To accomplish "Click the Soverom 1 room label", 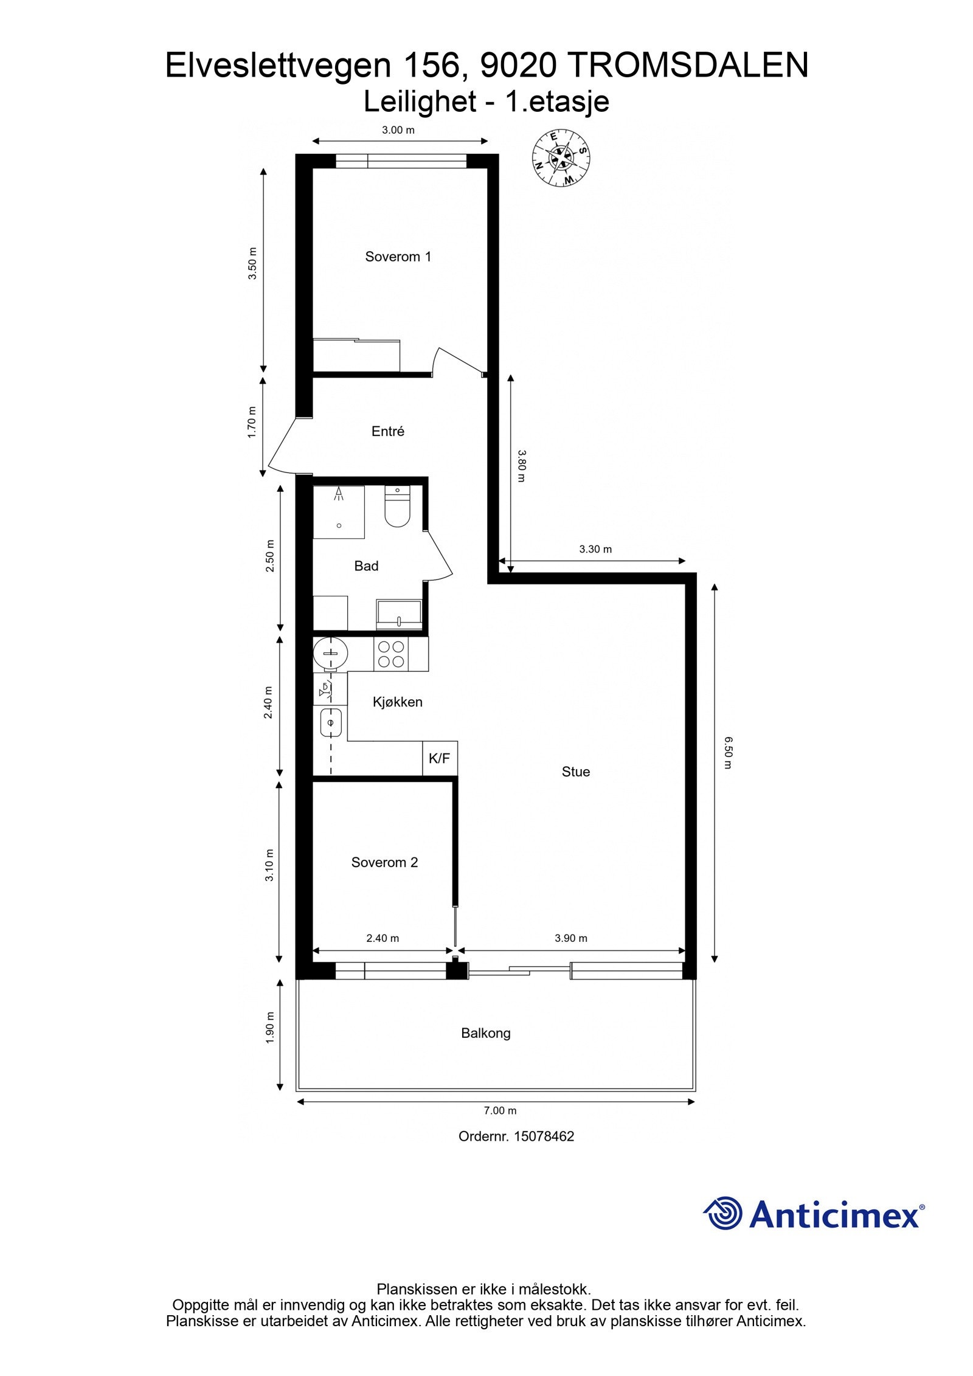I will (x=398, y=257).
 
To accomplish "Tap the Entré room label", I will (x=388, y=431).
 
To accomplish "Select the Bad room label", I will (x=366, y=566).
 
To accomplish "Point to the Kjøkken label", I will (x=397, y=702).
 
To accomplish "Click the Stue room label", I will (x=575, y=772).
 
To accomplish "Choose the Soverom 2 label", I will (x=384, y=862).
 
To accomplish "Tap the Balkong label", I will (x=485, y=1033).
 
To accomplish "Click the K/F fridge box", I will (x=440, y=758).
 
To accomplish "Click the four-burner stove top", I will (x=391, y=654).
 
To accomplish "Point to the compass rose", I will (x=561, y=158).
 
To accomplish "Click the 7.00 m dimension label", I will (x=500, y=1110).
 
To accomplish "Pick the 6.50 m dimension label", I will (x=727, y=753).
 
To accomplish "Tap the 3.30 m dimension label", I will (x=595, y=549).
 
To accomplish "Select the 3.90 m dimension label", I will (x=570, y=938).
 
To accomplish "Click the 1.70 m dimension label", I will (x=252, y=422).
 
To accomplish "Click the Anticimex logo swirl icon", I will (x=723, y=1214).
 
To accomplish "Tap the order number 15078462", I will (x=544, y=1136).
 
